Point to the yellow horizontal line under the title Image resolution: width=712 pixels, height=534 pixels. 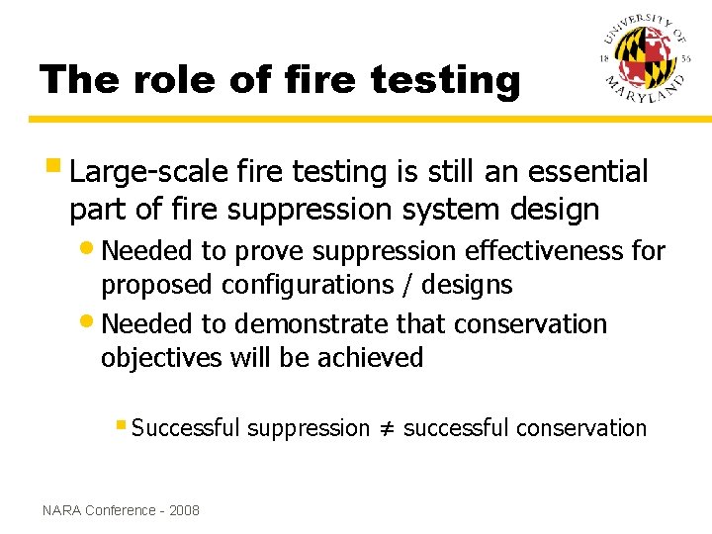coord(356,120)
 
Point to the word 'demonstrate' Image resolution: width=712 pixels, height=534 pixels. coord(312,323)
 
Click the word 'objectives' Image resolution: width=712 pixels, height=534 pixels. coord(162,358)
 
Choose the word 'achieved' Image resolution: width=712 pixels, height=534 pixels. coord(370,357)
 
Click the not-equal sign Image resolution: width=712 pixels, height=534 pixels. coord(387,429)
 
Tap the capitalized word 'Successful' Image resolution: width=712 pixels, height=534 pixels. coord(186,428)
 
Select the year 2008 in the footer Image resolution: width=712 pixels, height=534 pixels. coord(184,510)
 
